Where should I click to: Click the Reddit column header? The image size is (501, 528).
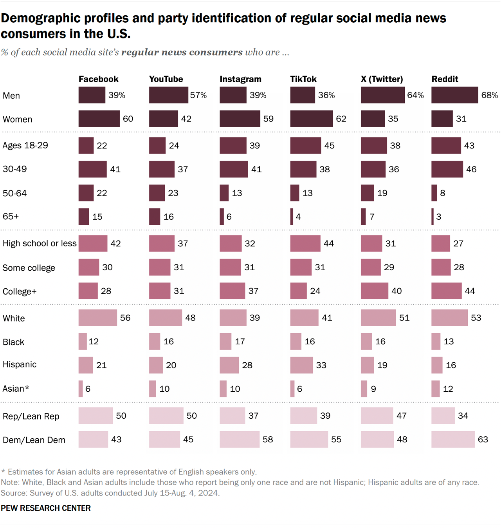pos(445,79)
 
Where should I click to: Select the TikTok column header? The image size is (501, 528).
pos(303,79)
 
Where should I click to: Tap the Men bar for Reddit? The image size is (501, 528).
pos(454,95)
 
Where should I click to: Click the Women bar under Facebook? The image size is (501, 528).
pos(99,119)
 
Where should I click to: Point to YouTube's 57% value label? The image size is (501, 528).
pos(198,95)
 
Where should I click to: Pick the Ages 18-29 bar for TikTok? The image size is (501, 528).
pos(305,146)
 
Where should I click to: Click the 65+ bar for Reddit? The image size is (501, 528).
pos(433,217)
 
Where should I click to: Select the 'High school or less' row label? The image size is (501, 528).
pos(40,244)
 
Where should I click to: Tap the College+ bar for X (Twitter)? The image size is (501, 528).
pos(374,291)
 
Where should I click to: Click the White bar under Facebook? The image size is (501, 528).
pos(97,318)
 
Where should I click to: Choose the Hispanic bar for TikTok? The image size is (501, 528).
pos(301,365)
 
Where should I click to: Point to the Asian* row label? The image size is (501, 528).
pos(16,389)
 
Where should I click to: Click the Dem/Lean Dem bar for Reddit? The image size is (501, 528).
pos(453,439)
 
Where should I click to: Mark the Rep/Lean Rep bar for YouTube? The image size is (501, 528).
pos(166,416)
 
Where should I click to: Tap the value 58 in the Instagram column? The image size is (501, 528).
pos(268,439)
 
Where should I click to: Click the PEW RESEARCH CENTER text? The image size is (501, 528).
pos(46,508)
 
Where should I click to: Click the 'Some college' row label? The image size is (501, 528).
pos(29,268)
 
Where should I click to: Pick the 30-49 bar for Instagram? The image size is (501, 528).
pos(234,169)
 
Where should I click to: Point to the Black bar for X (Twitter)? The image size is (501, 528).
pos(366,342)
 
